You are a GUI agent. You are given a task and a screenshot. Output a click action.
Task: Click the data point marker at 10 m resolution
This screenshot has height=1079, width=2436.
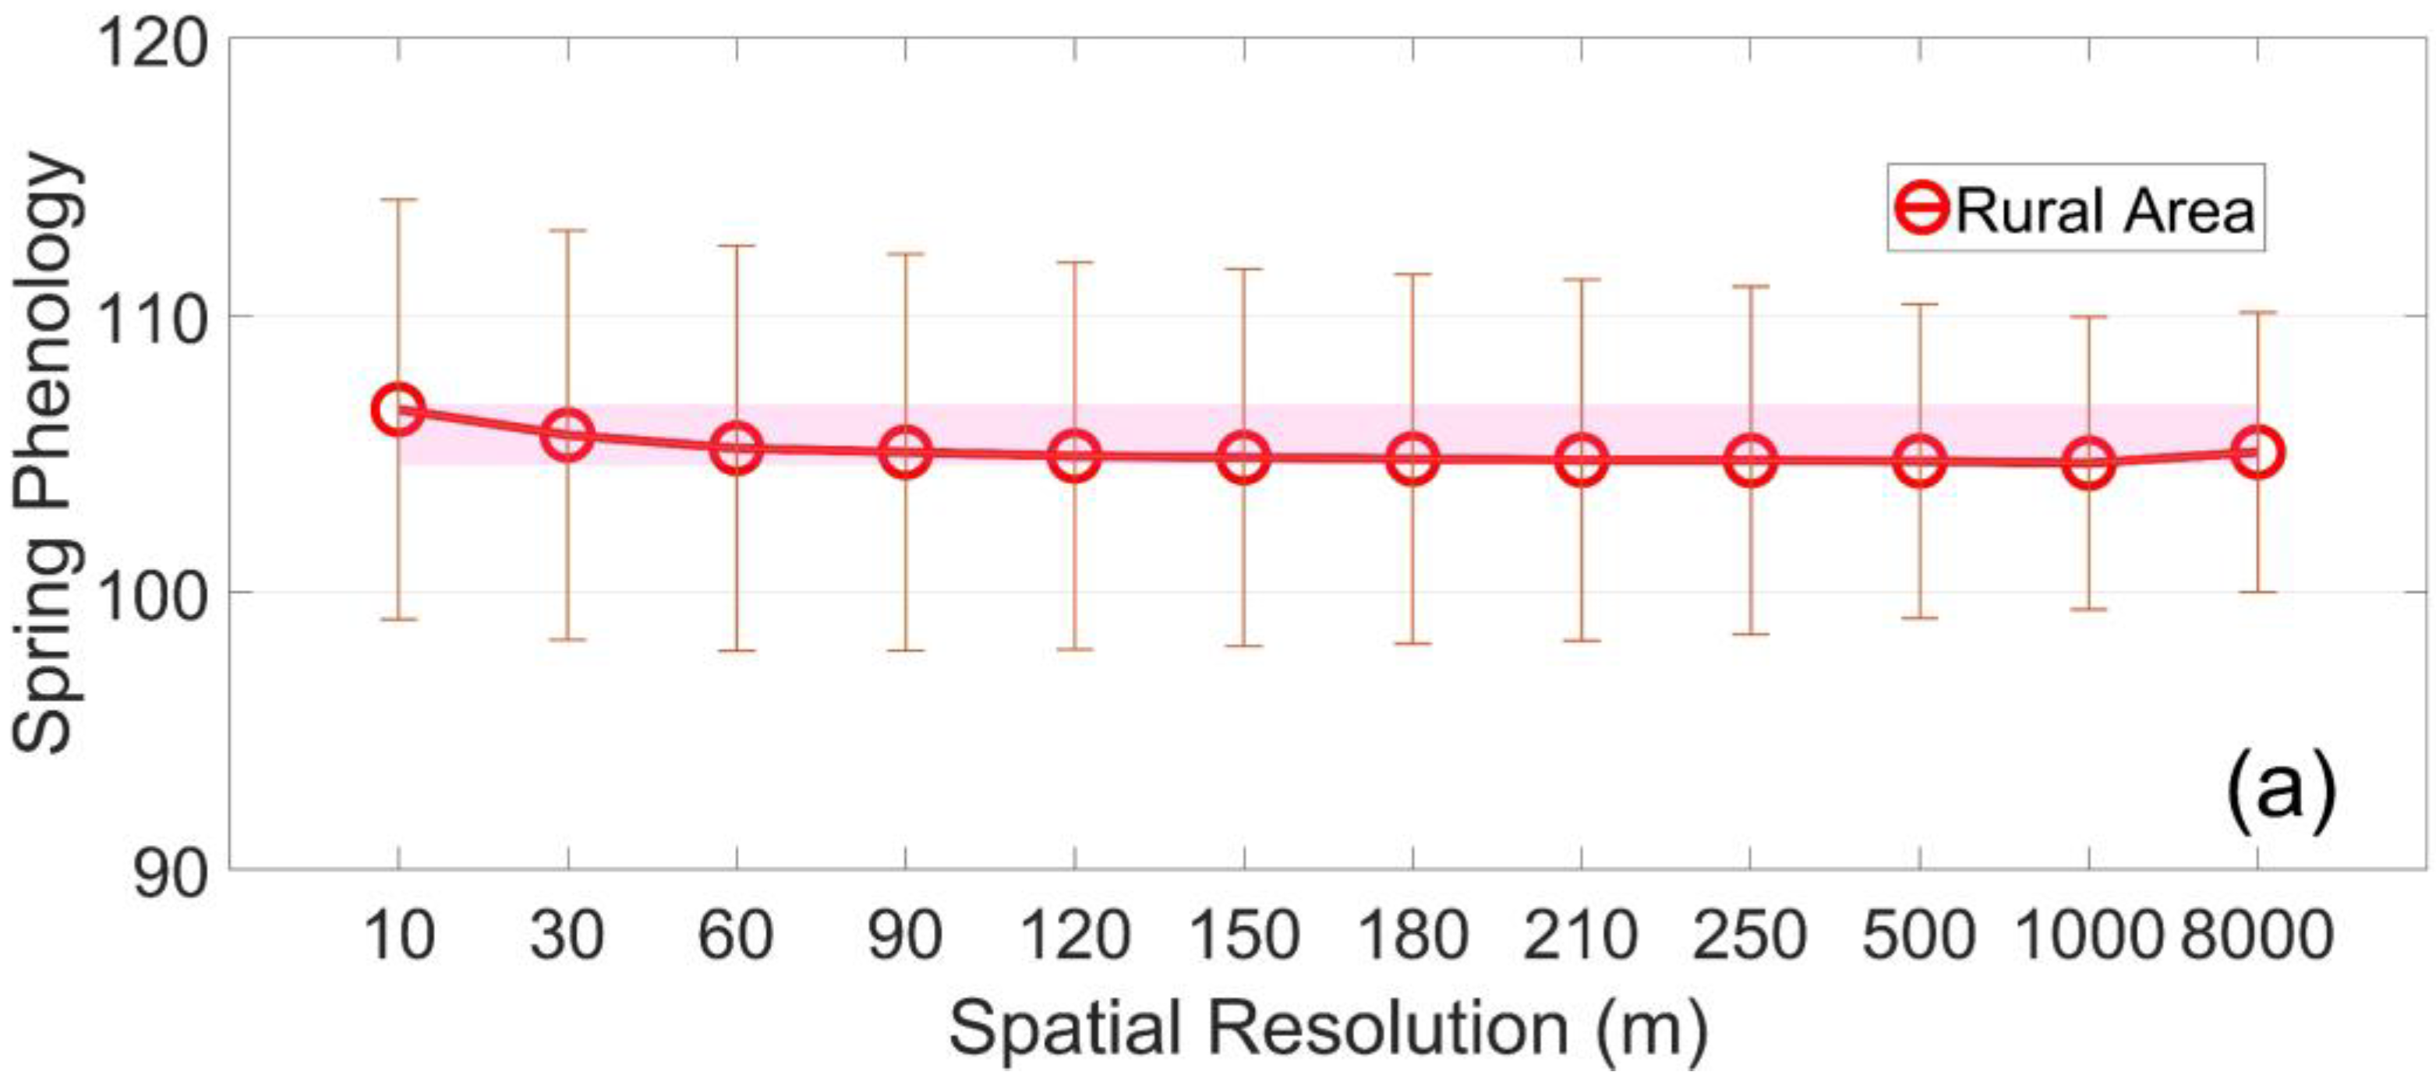tap(398, 409)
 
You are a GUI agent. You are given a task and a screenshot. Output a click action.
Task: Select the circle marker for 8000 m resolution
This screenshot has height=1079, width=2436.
tap(2258, 453)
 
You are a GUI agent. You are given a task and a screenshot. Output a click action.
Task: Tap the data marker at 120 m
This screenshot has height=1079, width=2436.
tap(1074, 456)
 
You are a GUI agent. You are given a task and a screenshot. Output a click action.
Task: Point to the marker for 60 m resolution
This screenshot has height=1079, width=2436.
tap(737, 448)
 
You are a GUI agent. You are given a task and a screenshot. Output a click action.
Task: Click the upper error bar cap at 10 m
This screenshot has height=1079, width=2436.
tap(398, 200)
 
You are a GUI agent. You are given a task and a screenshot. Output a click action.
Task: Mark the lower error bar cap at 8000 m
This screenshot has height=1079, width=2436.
tap(2258, 592)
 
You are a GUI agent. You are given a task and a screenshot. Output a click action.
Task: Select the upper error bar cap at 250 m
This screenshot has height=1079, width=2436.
tap(1750, 285)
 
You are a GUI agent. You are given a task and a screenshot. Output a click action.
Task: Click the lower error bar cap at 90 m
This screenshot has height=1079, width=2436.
tap(906, 651)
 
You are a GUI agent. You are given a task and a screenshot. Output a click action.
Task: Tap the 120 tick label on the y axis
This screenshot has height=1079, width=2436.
tap(151, 43)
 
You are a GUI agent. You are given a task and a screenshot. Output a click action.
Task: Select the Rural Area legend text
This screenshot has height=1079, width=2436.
tap(2105, 210)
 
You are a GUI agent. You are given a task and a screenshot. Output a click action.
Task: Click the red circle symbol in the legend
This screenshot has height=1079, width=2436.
tap(1922, 209)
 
